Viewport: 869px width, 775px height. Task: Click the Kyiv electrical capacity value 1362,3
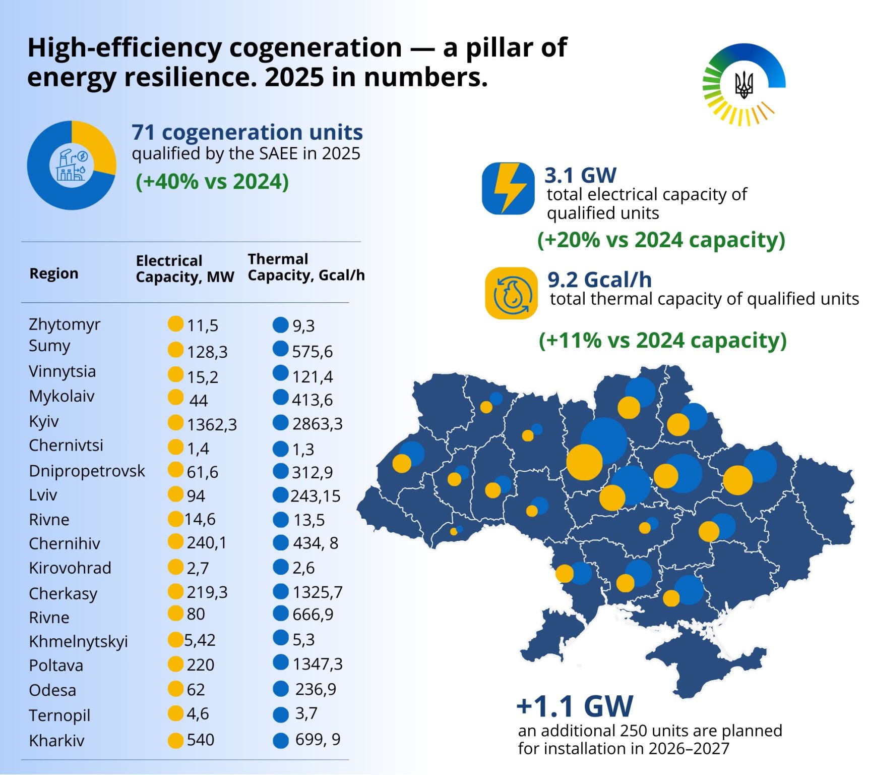click(x=212, y=424)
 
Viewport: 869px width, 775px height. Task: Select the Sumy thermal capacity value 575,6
click(x=313, y=351)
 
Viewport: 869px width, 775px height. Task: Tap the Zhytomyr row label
click(x=65, y=324)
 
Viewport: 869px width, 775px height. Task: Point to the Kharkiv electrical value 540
click(x=201, y=740)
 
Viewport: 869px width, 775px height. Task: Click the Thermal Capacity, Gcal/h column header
click(x=306, y=267)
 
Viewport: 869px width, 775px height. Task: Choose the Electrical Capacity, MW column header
click(x=185, y=269)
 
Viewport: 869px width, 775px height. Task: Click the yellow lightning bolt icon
click(x=508, y=188)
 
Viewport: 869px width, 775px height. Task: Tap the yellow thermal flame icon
click(x=511, y=293)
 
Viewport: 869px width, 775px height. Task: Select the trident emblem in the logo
click(x=743, y=85)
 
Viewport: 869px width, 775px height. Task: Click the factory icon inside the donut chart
click(x=72, y=165)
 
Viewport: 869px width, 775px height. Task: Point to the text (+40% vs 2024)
click(x=212, y=182)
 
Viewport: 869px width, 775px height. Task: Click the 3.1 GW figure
click(x=580, y=176)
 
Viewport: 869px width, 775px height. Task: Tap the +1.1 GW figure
click(x=575, y=706)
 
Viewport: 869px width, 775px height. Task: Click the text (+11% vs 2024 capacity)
click(x=662, y=341)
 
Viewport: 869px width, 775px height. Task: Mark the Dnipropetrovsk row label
click(x=87, y=471)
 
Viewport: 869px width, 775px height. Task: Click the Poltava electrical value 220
click(x=201, y=665)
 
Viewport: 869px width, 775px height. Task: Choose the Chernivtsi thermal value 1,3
click(x=303, y=449)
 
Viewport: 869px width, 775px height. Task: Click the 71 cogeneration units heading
click(x=247, y=132)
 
